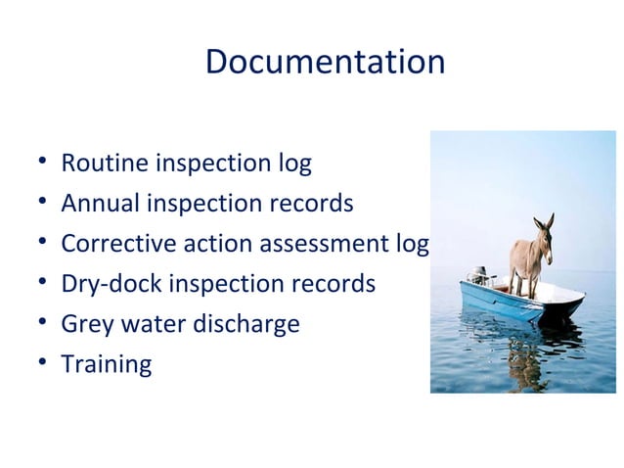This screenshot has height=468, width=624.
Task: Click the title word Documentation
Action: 325,63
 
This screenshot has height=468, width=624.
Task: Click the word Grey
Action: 86,324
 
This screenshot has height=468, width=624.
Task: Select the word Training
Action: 106,365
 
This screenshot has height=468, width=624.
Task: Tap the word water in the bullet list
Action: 152,324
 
